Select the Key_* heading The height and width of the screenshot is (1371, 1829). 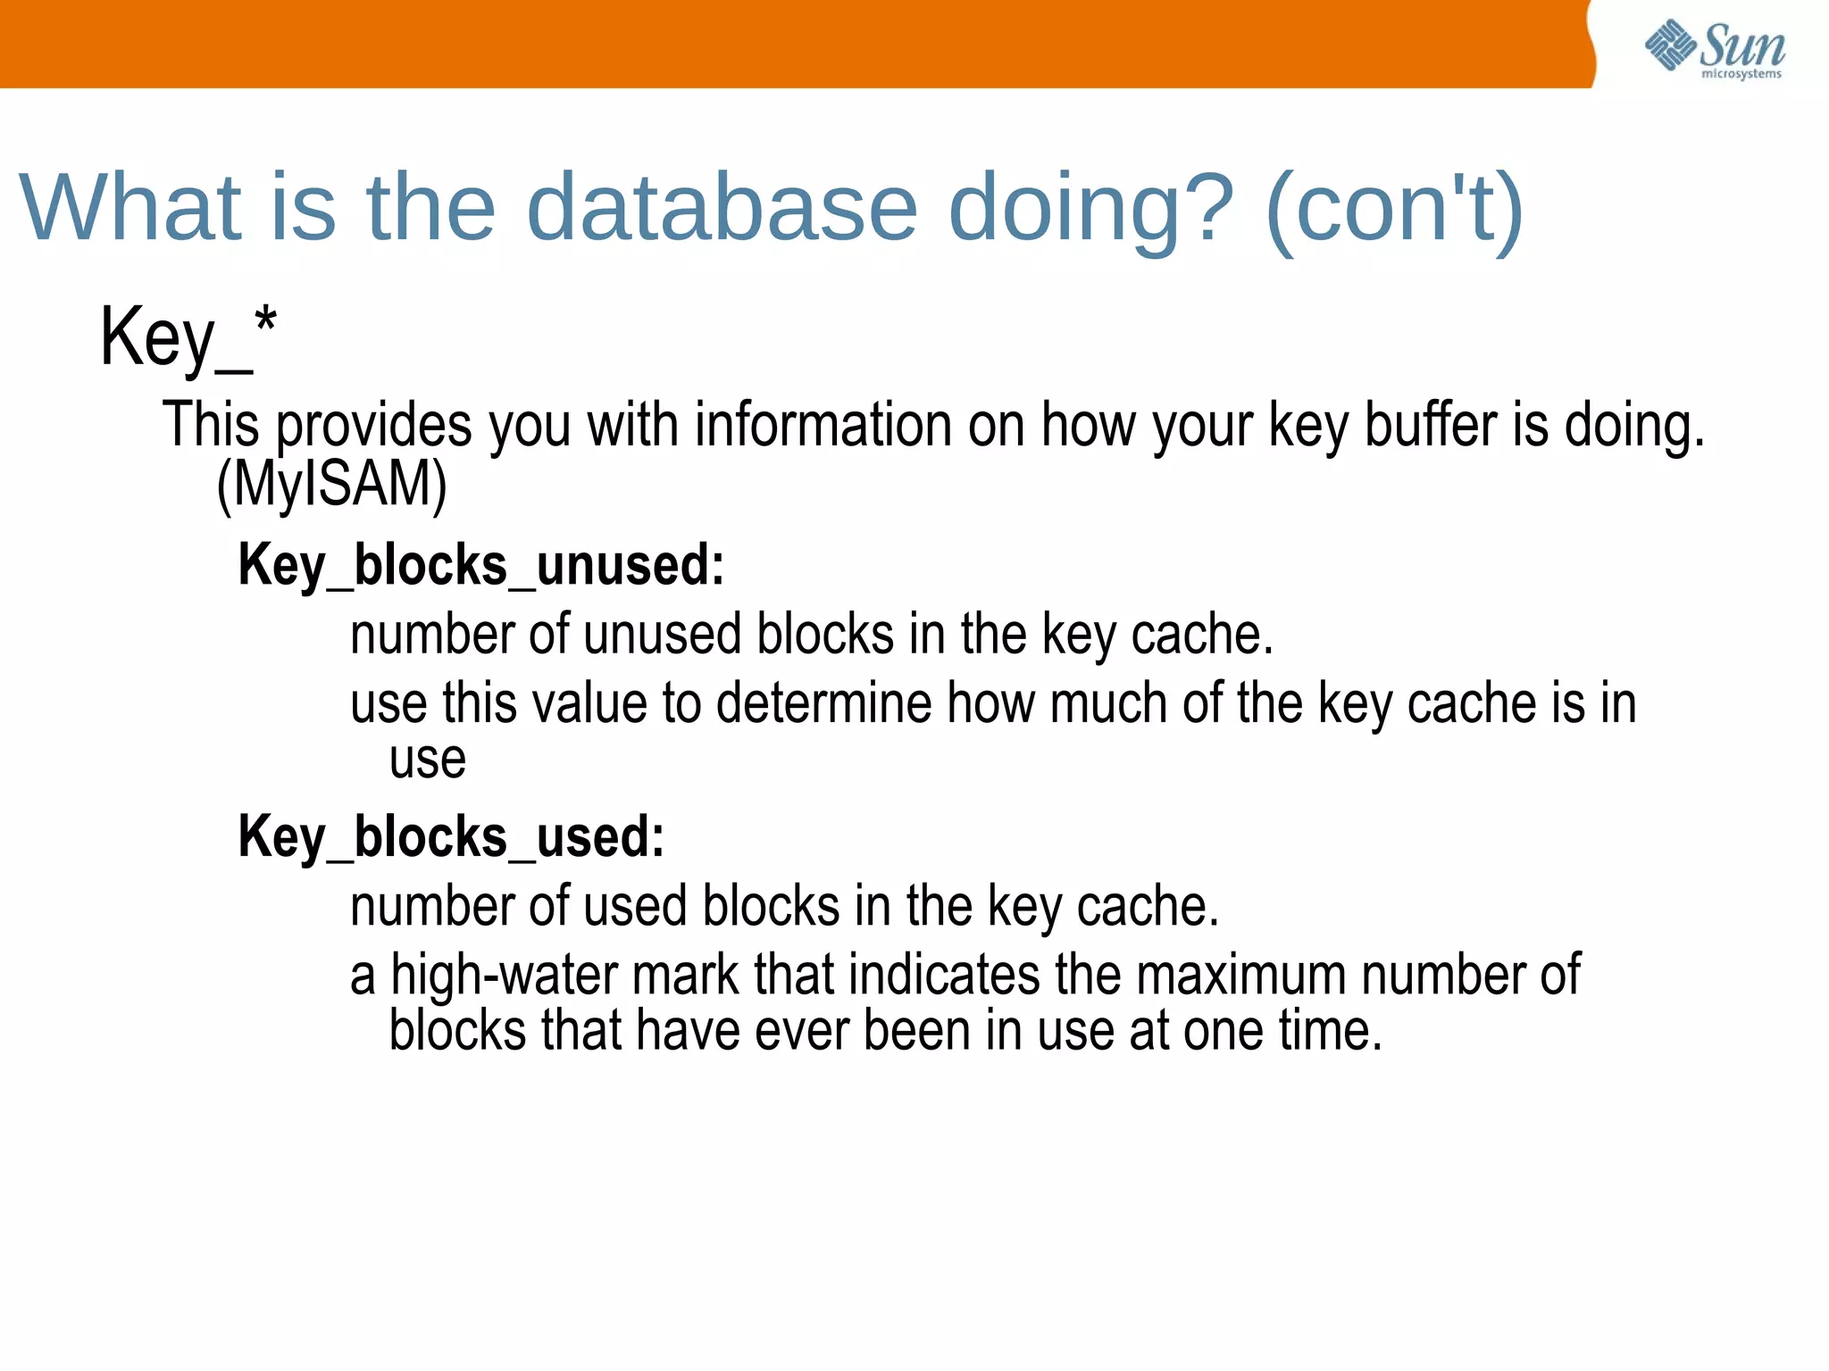[x=188, y=337]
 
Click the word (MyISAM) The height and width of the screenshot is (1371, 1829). [x=331, y=485]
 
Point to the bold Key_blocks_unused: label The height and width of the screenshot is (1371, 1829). [x=480, y=566]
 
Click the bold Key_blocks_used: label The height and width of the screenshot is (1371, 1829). [x=451, y=837]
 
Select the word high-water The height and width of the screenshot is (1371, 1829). [x=504, y=975]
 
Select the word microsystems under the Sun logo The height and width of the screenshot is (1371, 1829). [x=1741, y=74]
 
